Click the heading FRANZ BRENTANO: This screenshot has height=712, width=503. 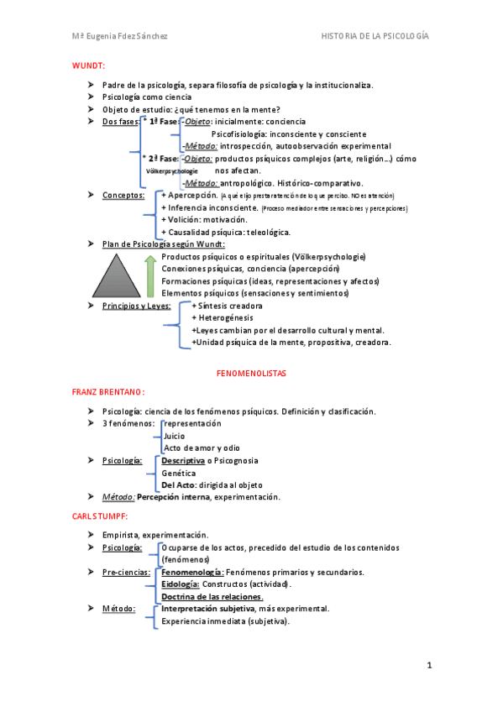coord(108,391)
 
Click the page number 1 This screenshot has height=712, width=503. coord(429,666)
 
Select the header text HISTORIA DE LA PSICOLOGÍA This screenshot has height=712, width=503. coord(375,36)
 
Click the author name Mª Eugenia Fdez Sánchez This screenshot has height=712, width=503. coord(118,36)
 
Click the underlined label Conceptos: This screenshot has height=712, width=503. coord(123,195)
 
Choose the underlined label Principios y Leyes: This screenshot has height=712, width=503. coord(137,306)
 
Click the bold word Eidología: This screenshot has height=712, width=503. coord(180,584)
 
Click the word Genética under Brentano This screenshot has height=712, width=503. coord(179,473)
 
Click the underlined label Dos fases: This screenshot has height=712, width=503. coord(121,122)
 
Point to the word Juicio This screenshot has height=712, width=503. coord(175,436)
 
